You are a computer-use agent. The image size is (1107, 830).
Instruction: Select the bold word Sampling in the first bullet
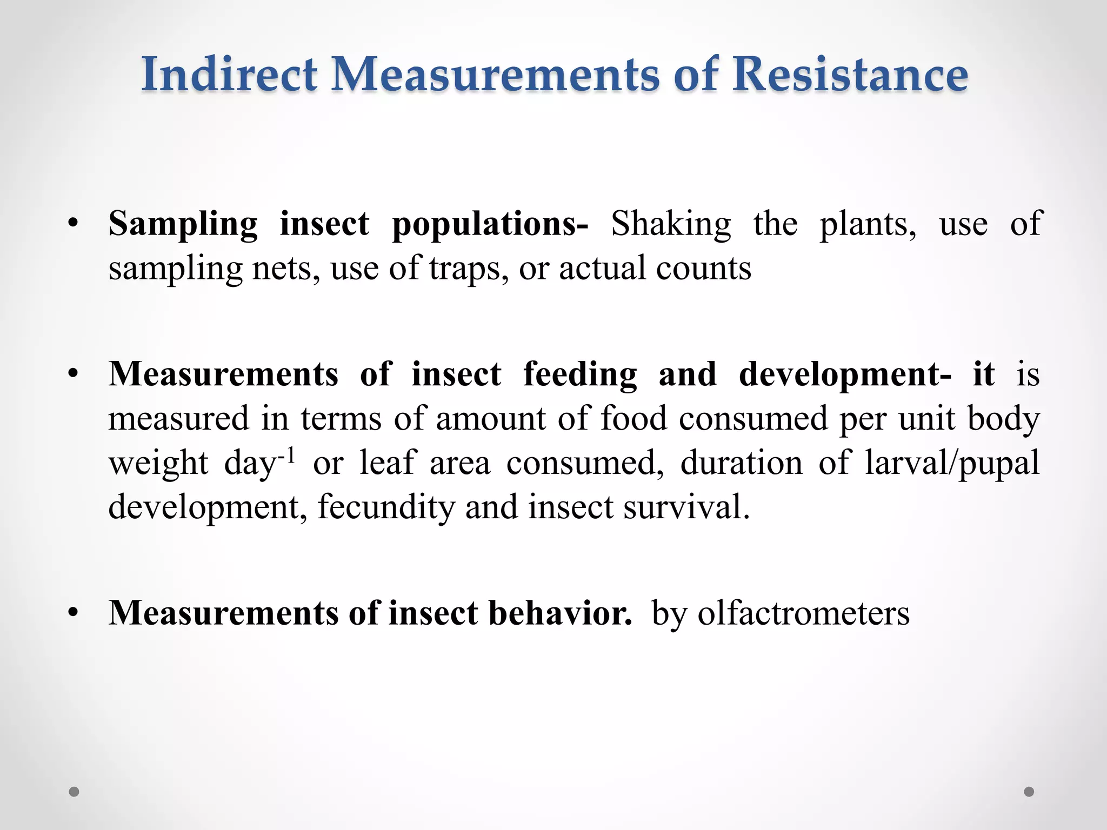click(x=183, y=224)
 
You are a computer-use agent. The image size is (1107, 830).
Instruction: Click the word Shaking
click(x=671, y=224)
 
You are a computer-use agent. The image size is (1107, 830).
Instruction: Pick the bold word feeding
click(x=580, y=374)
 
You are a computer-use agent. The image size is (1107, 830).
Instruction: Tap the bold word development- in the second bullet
click(x=845, y=374)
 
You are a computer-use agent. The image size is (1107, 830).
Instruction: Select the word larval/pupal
click(x=952, y=463)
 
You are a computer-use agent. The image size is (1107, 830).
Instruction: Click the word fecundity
click(x=386, y=507)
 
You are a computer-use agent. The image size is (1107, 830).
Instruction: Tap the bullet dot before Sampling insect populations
click(x=74, y=224)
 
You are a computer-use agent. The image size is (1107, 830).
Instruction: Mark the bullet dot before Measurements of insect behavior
click(x=74, y=613)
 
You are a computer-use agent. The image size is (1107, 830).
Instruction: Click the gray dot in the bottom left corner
click(x=74, y=792)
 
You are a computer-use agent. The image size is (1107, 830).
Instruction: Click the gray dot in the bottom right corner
click(x=1029, y=792)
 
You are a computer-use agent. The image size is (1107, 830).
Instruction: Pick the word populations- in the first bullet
click(x=490, y=224)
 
